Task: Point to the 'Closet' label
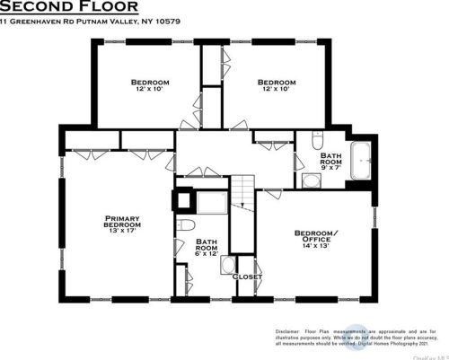(247, 277)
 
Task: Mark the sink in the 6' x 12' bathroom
(226, 268)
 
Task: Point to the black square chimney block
(186, 201)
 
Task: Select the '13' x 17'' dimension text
(120, 232)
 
